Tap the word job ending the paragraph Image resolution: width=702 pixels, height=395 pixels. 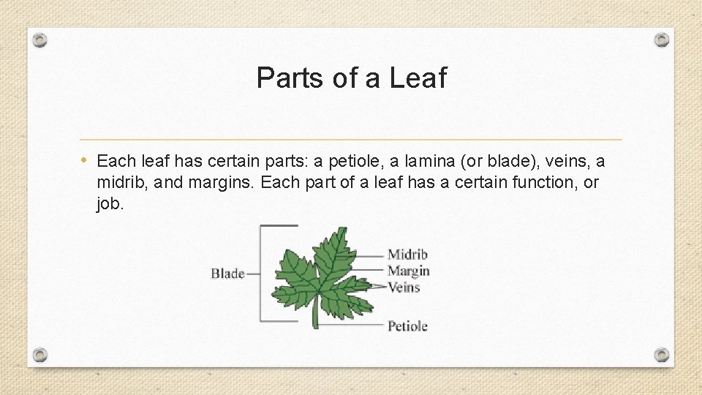pos(110,204)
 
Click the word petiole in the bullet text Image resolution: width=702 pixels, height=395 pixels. pos(340,161)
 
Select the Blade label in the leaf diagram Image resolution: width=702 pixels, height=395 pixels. pos(227,274)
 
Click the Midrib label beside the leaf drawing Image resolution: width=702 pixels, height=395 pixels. pos(407,255)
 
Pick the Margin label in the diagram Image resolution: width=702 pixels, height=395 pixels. pos(408,271)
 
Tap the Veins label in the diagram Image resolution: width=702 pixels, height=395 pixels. pos(404,287)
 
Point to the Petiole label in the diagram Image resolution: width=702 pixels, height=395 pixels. pos(407,326)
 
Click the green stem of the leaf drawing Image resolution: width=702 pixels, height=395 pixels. pos(316,316)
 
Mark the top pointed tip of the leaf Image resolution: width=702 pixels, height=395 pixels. pos(341,229)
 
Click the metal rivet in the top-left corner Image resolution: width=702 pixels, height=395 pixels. pos(41,39)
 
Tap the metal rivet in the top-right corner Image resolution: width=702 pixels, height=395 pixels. pos(661,39)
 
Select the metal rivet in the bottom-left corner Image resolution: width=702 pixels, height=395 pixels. pos(41,355)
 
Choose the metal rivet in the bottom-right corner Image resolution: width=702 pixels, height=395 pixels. pos(661,355)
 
